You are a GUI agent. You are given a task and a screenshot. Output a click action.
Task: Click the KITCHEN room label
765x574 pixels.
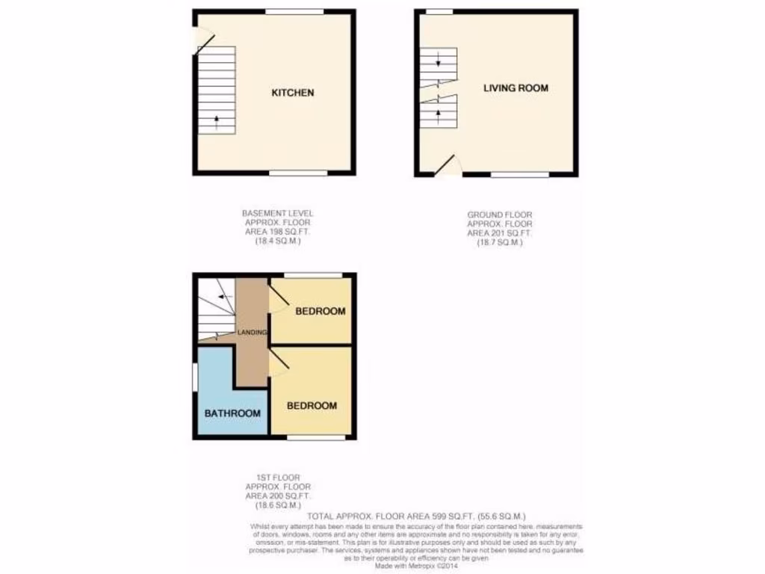(292, 93)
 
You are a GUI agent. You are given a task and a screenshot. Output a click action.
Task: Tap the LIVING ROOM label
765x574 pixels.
(515, 88)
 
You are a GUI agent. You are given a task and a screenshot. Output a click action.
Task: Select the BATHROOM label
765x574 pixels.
(232, 413)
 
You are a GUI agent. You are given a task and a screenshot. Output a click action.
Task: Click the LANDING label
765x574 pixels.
(252, 332)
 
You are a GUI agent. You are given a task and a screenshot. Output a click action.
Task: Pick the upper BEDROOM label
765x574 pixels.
(320, 312)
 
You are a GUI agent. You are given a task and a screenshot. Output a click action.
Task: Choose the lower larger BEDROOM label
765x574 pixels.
(312, 406)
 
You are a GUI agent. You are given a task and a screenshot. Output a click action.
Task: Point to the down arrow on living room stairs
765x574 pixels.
(439, 64)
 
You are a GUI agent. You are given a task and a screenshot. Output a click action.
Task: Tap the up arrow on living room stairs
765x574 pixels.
(439, 113)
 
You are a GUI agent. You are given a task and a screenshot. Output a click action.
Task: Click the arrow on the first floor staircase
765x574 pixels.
(221, 297)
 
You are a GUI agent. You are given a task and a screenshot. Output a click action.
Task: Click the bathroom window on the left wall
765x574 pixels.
(194, 377)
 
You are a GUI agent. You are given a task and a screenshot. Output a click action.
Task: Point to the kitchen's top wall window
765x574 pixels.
(294, 11)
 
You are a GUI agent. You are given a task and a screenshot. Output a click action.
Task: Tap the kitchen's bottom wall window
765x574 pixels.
(298, 173)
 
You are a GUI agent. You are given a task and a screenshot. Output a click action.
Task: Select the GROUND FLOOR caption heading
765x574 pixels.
(500, 215)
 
